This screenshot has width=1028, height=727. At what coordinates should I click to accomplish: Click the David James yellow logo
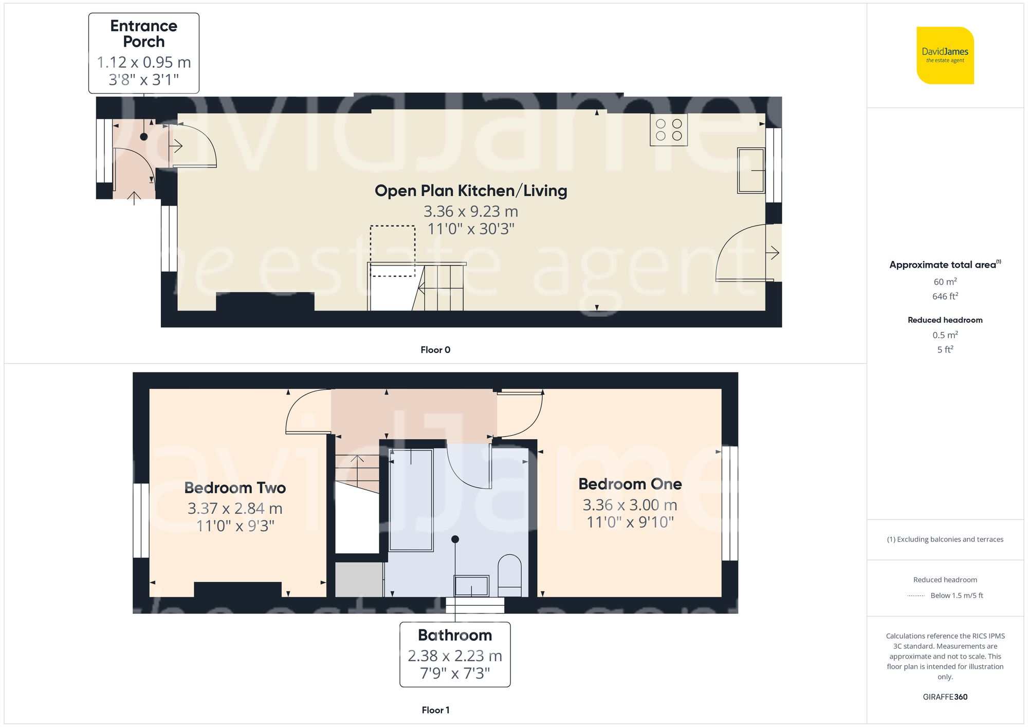click(x=945, y=55)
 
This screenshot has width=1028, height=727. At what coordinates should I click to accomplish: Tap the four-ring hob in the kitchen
click(x=669, y=130)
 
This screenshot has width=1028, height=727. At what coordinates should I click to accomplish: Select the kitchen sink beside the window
click(x=751, y=170)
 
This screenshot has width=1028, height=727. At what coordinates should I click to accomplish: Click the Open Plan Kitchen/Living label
click(x=470, y=191)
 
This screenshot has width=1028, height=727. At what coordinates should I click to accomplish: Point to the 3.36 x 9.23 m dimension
click(x=470, y=211)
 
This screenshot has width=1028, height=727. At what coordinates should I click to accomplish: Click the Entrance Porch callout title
click(x=143, y=33)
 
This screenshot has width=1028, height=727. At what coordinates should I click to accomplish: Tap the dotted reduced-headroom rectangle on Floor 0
click(x=393, y=251)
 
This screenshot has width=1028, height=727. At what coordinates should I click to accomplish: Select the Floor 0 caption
click(x=435, y=350)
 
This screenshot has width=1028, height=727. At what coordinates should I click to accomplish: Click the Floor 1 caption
click(x=435, y=710)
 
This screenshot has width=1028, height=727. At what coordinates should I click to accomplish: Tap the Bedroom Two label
click(x=235, y=488)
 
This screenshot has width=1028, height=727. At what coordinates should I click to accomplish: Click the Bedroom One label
click(x=630, y=484)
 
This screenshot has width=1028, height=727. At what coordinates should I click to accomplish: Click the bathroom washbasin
click(x=471, y=585)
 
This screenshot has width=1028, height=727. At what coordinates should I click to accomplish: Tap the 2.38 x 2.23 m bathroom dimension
click(x=454, y=656)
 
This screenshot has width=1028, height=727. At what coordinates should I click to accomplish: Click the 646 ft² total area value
click(x=945, y=296)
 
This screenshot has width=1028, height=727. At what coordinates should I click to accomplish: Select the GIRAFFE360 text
click(x=945, y=697)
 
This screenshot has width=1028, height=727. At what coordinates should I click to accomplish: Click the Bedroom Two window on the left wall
click(x=141, y=520)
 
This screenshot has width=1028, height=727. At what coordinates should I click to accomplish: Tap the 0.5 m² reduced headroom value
click(x=945, y=335)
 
